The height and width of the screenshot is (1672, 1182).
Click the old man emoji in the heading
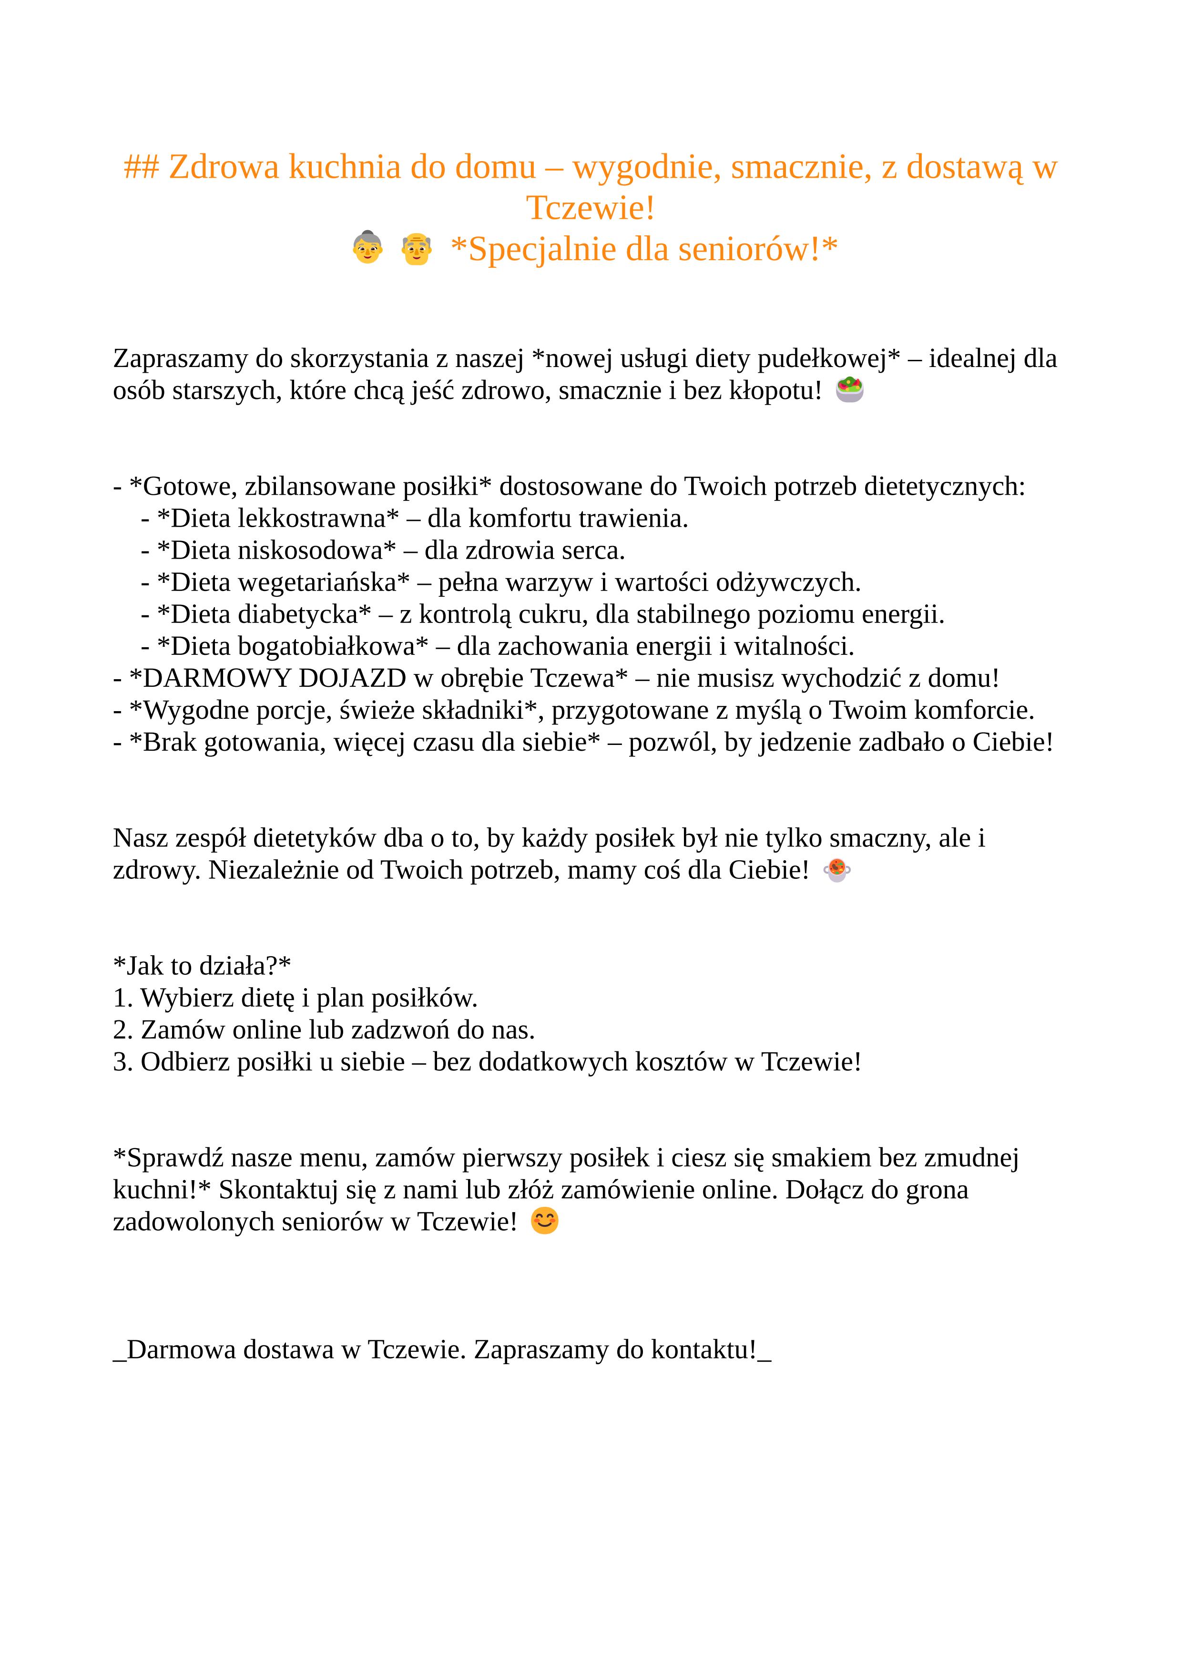coord(417,248)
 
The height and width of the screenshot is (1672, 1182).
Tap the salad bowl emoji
coord(850,390)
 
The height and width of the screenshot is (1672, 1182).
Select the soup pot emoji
coord(837,870)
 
